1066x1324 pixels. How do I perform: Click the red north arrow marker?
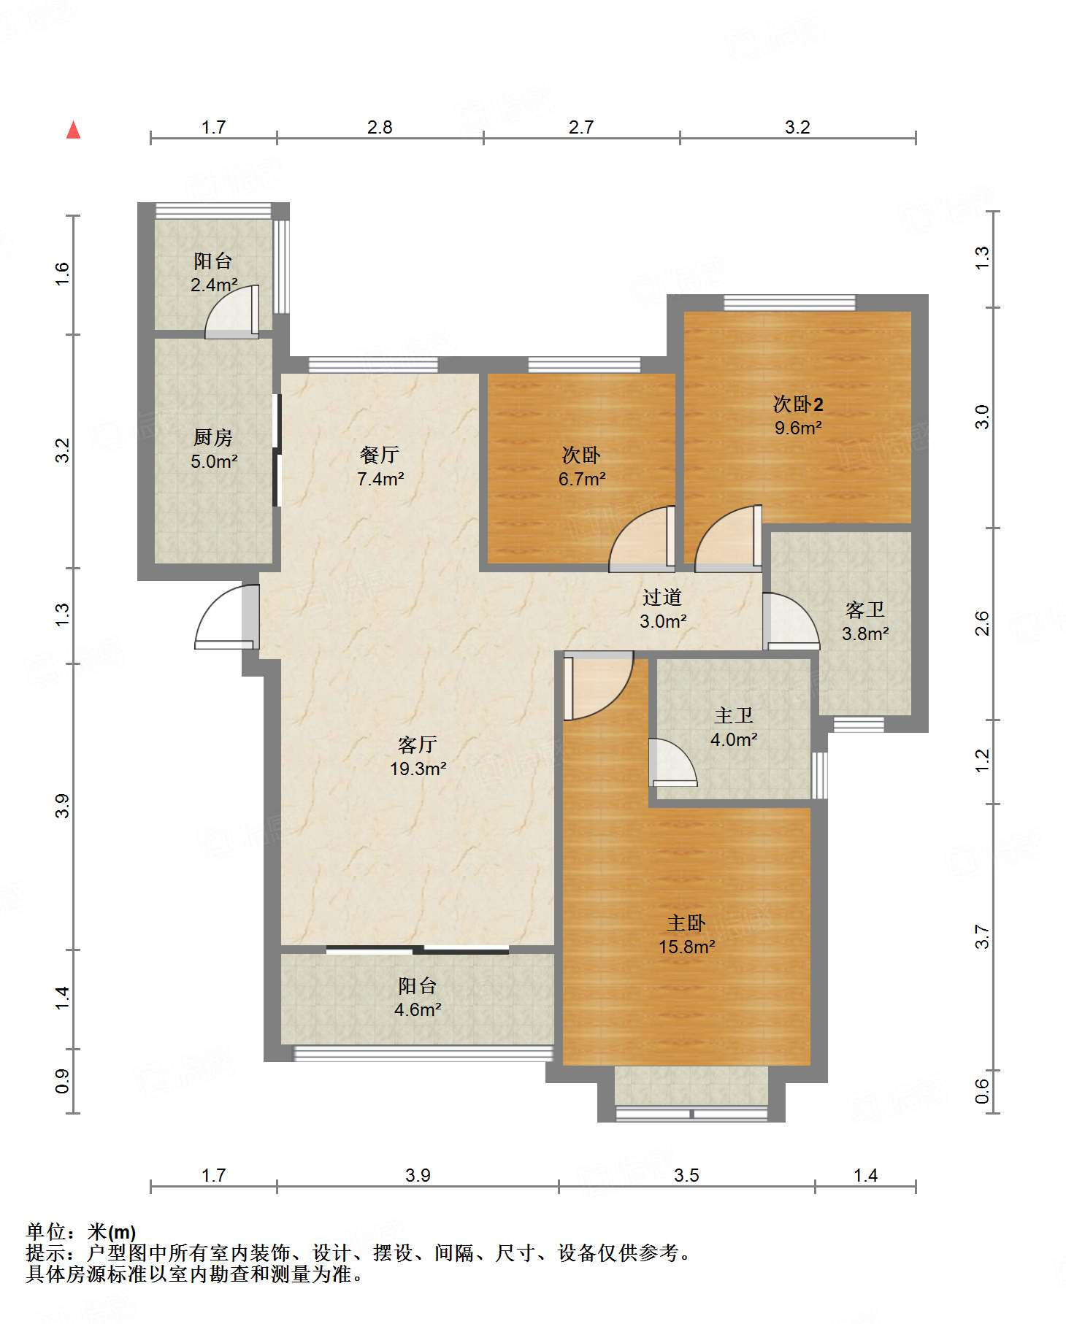(x=73, y=130)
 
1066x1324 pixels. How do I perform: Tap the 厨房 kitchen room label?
(x=213, y=437)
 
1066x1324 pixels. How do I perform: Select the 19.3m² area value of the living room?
(x=418, y=768)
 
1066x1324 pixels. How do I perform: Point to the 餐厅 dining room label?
(x=380, y=455)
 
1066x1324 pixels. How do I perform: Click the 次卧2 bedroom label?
(x=798, y=404)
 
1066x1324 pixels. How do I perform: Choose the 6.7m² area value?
(x=582, y=479)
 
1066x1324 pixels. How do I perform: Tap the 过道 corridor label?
(x=662, y=597)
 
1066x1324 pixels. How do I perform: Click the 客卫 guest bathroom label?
(x=865, y=609)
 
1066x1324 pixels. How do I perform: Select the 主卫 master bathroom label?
(x=734, y=715)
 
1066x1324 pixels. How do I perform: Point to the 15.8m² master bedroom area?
(x=687, y=947)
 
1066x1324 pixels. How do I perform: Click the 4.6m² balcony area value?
(x=418, y=1009)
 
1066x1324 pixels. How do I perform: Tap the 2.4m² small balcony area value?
(x=214, y=285)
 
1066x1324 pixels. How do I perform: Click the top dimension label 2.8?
(x=380, y=127)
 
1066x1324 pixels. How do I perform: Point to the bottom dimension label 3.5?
(x=686, y=1175)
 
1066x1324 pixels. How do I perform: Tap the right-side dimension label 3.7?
(x=982, y=936)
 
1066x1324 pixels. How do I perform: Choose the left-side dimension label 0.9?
(x=62, y=1081)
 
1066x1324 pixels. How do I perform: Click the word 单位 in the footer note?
(x=47, y=1231)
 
